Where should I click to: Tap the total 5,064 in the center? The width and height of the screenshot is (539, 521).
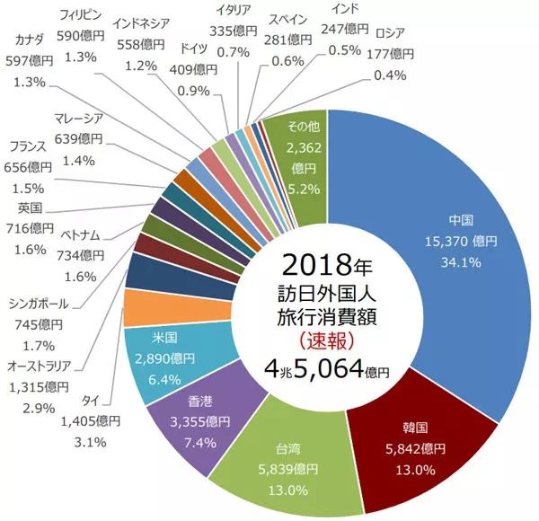[x=327, y=369]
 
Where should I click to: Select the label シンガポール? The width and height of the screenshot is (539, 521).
[x=44, y=303]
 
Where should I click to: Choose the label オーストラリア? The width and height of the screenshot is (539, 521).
[x=44, y=366]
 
